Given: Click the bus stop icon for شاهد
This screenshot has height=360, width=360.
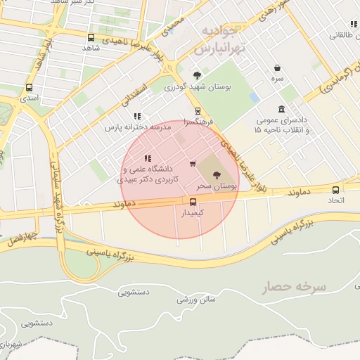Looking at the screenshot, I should coord(91,37).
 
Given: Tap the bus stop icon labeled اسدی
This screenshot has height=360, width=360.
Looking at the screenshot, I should coord(29,88).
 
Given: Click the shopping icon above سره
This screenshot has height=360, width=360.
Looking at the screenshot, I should coord(279,68).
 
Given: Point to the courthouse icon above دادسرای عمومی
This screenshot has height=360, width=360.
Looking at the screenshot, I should coord(281,109).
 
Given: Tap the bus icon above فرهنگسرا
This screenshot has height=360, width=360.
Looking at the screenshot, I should coord(198,110).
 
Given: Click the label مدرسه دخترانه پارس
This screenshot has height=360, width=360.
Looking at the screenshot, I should coord(138,128).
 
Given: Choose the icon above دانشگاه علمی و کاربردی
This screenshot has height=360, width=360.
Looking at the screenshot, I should coord(148,158).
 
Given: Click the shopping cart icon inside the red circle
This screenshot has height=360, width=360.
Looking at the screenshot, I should coord(193,164).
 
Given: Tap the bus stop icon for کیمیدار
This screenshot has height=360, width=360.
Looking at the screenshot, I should coord(193,201).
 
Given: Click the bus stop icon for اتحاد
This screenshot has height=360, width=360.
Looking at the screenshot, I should coord(335,189).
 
